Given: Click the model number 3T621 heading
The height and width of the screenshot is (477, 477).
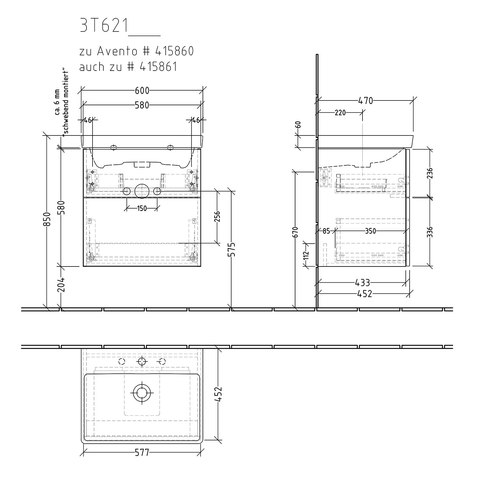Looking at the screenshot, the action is tap(104, 26).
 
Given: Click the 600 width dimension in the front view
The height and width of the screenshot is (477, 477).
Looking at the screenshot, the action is tap(142, 91).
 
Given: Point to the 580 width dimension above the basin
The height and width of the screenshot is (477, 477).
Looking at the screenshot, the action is tap(142, 105).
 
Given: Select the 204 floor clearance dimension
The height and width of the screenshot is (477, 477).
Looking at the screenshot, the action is tap(61, 284).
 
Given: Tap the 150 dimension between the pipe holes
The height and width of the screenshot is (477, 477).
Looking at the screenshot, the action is tap(142, 208).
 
